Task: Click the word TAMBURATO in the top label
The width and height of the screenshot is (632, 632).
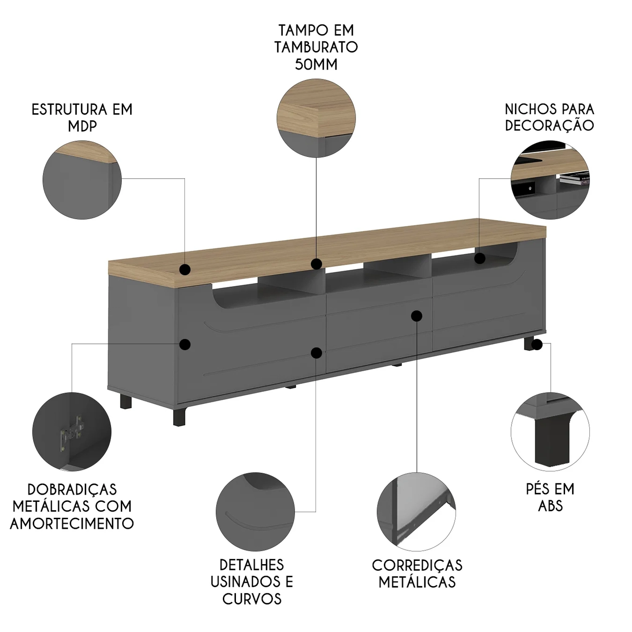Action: pyautogui.click(x=316, y=47)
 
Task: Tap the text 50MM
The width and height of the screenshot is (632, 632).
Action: pyautogui.click(x=316, y=64)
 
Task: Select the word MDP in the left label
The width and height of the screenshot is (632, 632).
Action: pyautogui.click(x=82, y=126)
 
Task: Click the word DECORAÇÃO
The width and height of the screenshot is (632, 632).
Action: pyautogui.click(x=549, y=125)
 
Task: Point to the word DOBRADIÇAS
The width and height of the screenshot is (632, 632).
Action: pyautogui.click(x=72, y=489)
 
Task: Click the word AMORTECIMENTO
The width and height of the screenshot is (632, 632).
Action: pyautogui.click(x=72, y=523)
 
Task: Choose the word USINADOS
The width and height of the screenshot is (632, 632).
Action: pyautogui.click(x=252, y=582)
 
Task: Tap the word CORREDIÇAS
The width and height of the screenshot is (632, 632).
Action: pyautogui.click(x=417, y=565)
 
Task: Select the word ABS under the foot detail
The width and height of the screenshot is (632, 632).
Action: pyautogui.click(x=550, y=506)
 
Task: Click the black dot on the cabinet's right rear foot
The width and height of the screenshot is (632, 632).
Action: pyautogui.click(x=536, y=345)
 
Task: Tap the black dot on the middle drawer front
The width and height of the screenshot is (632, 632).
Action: pyautogui.click(x=417, y=316)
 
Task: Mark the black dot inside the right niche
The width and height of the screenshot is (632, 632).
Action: pyautogui.click(x=480, y=258)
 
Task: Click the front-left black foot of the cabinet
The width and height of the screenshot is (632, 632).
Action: pyautogui.click(x=178, y=415)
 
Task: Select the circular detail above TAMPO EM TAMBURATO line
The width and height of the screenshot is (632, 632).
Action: pyautogui.click(x=316, y=118)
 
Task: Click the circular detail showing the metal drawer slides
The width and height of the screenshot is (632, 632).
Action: pyautogui.click(x=416, y=511)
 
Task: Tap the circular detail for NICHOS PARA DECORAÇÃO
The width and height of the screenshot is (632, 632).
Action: pyautogui.click(x=550, y=179)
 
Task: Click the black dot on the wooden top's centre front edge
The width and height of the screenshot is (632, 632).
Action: pyautogui.click(x=316, y=264)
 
